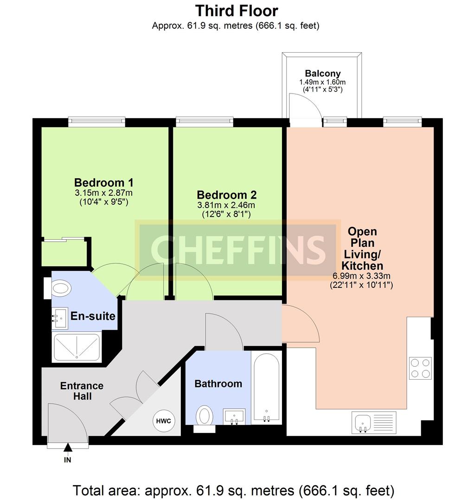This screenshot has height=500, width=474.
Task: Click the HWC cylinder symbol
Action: tap(164, 421)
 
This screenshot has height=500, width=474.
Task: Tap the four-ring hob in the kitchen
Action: tap(420, 368)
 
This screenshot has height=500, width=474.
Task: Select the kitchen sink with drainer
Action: tap(374, 423)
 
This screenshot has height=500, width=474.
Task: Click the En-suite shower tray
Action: tap(77, 347)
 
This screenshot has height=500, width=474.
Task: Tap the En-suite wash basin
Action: tap(60, 318)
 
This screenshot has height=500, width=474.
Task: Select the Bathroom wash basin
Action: tap(234, 417)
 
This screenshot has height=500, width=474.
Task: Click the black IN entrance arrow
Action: tap(67, 448)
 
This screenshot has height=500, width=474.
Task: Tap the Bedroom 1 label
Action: tap(104, 183)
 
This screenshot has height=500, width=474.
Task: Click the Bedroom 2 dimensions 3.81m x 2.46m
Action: tap(226, 205)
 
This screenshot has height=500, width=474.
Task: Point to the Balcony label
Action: tap(323, 74)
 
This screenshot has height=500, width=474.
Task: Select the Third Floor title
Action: tap(237, 11)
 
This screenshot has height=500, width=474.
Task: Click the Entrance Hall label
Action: tap(82, 391)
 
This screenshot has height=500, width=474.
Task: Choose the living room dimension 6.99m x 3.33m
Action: tap(362, 276)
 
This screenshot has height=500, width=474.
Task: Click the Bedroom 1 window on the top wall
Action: tap(97, 121)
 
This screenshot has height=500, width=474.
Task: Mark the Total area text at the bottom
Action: tap(233, 491)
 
